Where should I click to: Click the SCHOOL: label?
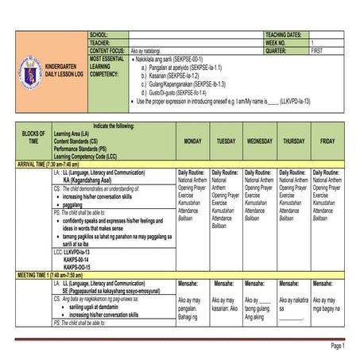point(99,36)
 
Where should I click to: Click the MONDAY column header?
point(192,140)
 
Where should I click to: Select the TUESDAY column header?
point(226,140)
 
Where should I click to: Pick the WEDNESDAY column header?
point(260,140)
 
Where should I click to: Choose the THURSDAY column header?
point(293,140)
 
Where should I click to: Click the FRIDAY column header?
point(327,140)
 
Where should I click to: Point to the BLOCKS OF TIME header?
point(33,137)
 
